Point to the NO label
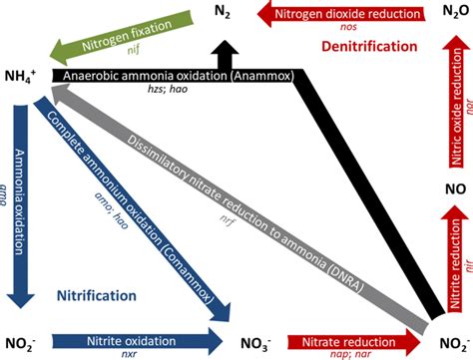[451, 185]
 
